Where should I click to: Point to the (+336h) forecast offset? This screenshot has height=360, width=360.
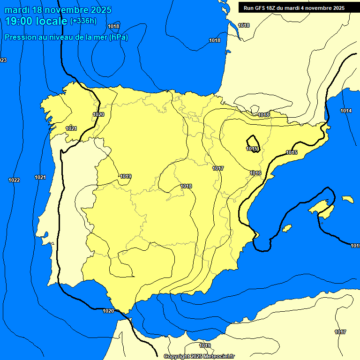83,21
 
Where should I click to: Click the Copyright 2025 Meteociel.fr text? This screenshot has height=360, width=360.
199,357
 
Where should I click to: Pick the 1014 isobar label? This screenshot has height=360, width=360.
346,111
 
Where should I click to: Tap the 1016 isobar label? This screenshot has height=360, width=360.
255,173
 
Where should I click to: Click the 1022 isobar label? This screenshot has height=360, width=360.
14,180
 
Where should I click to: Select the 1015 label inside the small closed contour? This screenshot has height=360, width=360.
252,149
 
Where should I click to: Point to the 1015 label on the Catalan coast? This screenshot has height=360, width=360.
292,152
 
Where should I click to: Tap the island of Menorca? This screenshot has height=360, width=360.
347,199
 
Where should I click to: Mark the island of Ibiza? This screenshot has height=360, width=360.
287,228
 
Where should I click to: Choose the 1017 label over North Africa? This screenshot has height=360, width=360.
340,332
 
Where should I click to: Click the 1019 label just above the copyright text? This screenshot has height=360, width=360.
205,346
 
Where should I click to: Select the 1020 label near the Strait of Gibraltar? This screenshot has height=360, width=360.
108,310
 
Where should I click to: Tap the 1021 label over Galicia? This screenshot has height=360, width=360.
71,128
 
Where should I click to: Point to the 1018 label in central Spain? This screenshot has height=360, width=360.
186,186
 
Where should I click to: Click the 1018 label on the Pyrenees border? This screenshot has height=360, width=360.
263,115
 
